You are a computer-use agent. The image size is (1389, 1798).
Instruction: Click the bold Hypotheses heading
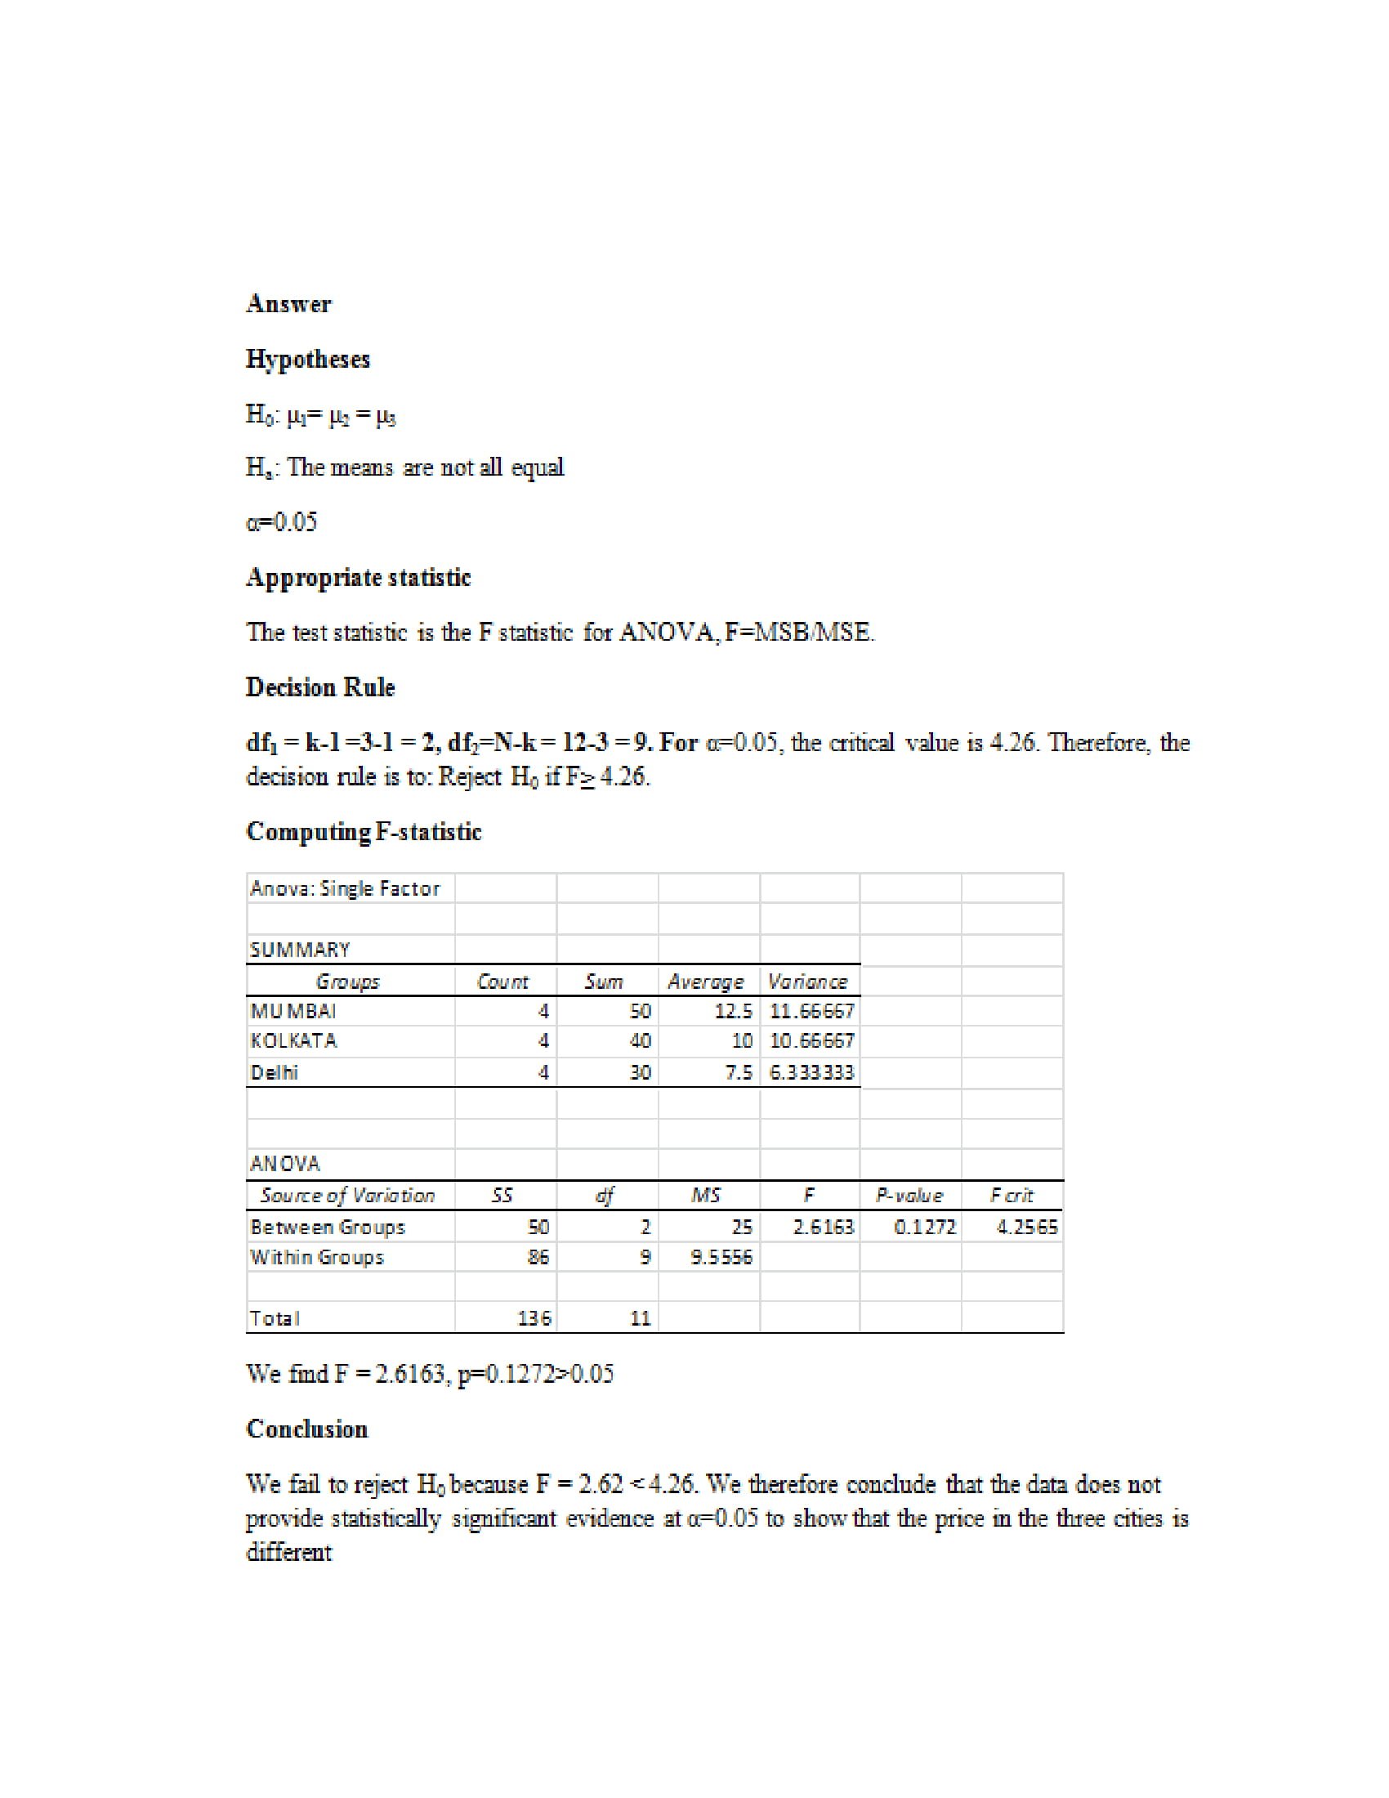coord(308,359)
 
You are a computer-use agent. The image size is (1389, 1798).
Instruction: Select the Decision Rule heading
coord(320,687)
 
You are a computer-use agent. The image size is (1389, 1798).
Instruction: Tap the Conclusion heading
coord(307,1429)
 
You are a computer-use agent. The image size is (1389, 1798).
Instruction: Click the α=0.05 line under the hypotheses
coord(281,522)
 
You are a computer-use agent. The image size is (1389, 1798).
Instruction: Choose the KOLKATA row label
coord(294,1040)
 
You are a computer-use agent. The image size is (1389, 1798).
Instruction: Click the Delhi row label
coord(274,1072)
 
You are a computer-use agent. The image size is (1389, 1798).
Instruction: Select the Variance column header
coord(807,981)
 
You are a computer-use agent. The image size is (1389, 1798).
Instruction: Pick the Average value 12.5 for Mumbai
coord(733,1010)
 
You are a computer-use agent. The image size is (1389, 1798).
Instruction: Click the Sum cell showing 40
coord(641,1040)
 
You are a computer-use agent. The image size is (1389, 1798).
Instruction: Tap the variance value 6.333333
coord(812,1072)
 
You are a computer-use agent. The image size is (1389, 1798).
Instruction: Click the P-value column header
coord(909,1195)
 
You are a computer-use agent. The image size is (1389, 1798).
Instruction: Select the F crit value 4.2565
coord(1027,1227)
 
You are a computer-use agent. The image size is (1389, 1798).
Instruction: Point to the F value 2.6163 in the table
coord(823,1227)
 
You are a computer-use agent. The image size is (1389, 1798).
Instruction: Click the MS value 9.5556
coord(721,1257)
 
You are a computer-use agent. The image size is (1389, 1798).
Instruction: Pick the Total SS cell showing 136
coord(534,1318)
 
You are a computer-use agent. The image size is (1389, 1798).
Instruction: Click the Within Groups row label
coord(317,1257)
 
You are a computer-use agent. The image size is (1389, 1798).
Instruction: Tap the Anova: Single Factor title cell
coord(345,888)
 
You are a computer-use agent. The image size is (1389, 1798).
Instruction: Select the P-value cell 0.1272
coord(925,1227)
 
